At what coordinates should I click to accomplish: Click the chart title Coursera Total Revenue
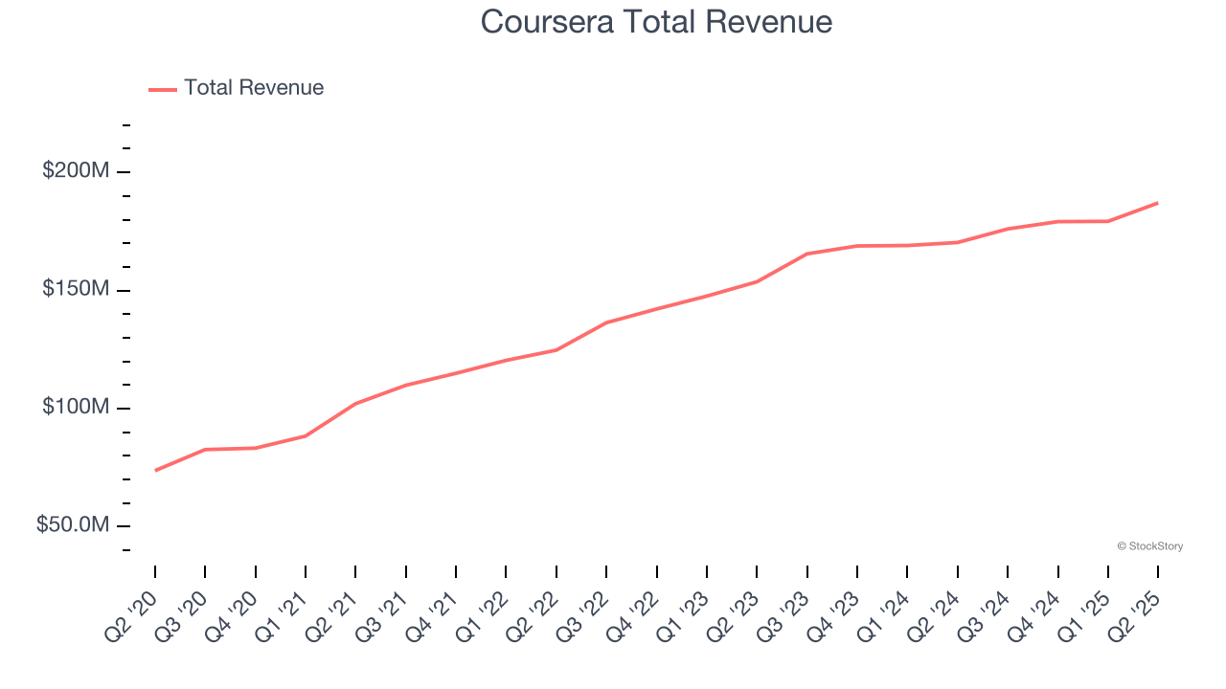tap(656, 22)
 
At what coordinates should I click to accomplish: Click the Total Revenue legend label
tap(254, 88)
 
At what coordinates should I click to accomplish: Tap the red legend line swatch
tap(163, 89)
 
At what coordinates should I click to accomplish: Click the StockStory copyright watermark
tap(1149, 546)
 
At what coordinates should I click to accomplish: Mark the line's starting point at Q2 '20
tap(155, 470)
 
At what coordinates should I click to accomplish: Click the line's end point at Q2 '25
tap(1157, 203)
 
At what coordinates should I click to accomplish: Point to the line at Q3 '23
tap(806, 254)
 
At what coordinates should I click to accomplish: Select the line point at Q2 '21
tap(355, 404)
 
